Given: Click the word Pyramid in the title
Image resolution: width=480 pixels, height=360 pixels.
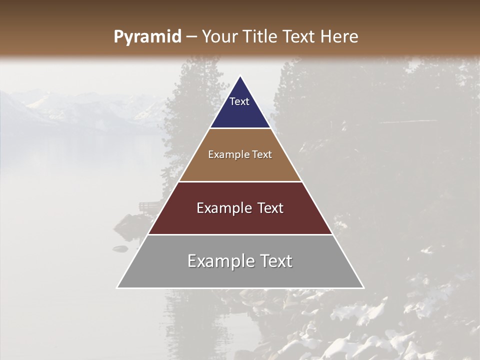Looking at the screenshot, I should coord(147,37).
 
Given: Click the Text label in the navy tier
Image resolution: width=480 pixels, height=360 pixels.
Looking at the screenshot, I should coord(239,101).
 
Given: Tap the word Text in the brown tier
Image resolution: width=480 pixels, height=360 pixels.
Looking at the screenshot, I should coord(262,155).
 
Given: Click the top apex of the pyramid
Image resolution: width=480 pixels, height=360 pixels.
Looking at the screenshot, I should coord(240,76).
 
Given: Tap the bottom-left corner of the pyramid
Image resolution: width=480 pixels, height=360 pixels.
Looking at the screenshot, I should coord(117,287).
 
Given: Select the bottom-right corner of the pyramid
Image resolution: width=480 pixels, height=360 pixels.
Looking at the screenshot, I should coord(363,287).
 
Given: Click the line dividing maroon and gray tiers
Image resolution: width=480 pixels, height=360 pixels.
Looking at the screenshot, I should coord(240,234).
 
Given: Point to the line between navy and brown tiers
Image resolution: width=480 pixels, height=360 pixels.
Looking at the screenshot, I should coord(240,128).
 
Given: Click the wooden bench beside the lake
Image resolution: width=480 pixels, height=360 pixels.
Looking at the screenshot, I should coord(149,206).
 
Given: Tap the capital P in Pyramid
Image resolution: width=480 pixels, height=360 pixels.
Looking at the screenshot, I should coord(118,37).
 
